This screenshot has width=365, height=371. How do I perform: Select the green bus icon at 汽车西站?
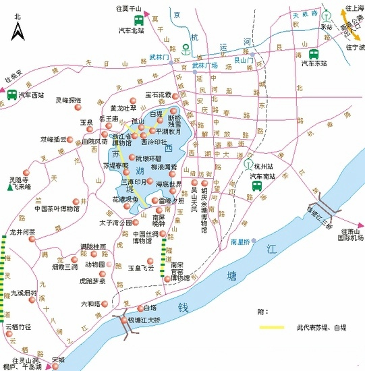coord(11,96)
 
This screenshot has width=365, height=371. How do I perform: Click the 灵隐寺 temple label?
coord(19,180)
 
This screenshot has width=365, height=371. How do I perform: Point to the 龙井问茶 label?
coord(22,231)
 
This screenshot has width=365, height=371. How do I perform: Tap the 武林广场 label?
coord(205,65)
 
